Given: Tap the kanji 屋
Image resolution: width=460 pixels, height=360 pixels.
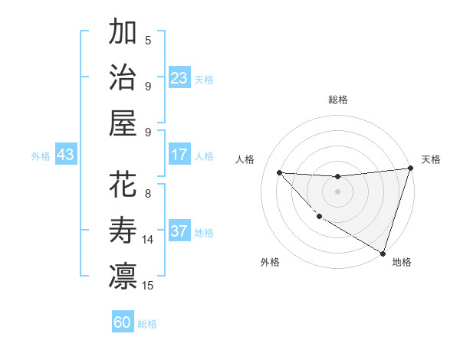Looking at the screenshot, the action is tap(123, 123).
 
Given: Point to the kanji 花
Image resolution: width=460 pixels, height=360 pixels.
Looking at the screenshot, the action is tap(123, 185).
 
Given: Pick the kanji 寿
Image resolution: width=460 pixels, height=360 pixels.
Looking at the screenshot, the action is tap(123, 231).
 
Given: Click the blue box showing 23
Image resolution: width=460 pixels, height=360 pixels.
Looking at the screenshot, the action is tap(179, 78).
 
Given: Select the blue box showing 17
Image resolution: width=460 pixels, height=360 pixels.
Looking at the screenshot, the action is tap(179, 155).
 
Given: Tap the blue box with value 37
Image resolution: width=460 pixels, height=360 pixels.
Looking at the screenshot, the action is tap(179, 232).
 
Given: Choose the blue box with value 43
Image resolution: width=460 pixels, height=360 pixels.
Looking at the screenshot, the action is tap(66, 155).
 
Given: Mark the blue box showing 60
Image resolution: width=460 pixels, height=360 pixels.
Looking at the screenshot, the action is tap(123, 322).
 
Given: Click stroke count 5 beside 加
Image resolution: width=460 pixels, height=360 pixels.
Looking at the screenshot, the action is tap(148, 41).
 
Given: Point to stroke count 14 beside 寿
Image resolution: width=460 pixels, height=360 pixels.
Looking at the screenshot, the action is tap(148, 240).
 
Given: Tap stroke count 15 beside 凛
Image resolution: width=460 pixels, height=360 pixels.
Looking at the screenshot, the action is tap(148, 286).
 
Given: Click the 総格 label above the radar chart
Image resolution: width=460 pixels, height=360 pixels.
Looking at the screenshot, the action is tap(338, 100).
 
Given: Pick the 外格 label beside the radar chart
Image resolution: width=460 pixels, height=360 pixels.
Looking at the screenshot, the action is tap(270, 262).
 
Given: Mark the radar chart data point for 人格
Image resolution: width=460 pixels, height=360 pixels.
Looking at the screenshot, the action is tap(279, 172).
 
